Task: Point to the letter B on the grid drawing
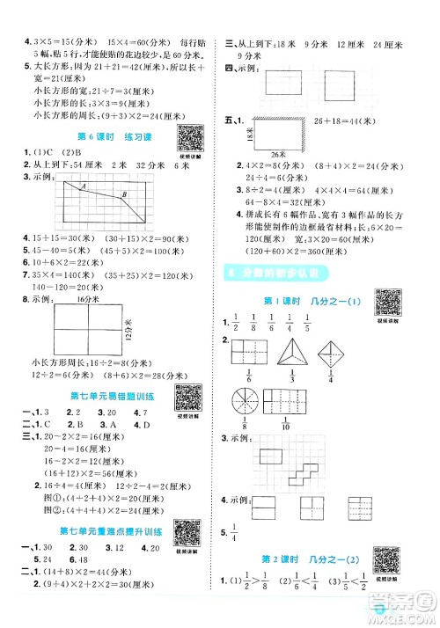pos(123,194)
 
